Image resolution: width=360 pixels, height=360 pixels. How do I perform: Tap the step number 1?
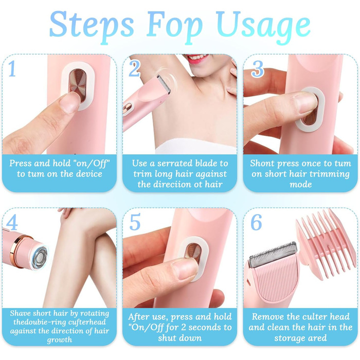[x=12, y=68]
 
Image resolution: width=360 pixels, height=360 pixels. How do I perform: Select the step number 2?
[x=134, y=68]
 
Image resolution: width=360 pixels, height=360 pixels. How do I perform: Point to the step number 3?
[x=257, y=69]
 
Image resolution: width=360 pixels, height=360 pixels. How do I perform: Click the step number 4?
[x=12, y=222]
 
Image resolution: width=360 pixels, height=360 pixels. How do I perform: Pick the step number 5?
[x=135, y=222]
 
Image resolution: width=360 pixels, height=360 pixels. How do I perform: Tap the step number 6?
[x=256, y=222]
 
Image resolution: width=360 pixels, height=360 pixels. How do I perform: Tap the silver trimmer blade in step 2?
[x=164, y=84]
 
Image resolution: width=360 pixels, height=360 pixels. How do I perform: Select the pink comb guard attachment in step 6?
[x=324, y=244]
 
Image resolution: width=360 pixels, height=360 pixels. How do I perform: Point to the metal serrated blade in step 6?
[x=273, y=255]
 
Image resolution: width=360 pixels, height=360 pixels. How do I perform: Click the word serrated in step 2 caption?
[x=174, y=163]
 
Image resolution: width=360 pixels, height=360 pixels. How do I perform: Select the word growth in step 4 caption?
[x=60, y=340]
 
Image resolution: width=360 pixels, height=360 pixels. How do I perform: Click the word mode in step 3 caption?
[x=300, y=184]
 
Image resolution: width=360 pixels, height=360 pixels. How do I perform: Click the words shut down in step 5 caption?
[x=180, y=338]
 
